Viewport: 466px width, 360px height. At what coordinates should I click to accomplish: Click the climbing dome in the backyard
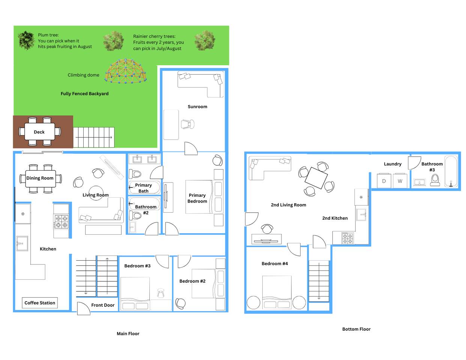point(126,71)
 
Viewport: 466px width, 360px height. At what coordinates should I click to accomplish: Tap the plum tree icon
point(26,40)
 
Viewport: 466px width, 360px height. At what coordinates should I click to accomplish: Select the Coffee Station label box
point(40,303)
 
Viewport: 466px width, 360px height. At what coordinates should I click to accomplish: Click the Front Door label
point(103,305)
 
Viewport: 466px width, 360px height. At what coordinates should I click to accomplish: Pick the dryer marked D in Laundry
point(384,181)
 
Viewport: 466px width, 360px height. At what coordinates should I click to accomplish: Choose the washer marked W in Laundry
point(400,181)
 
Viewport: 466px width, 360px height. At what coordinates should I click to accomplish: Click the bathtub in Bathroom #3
point(451,171)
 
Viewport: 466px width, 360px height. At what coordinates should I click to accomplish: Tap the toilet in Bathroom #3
point(435,180)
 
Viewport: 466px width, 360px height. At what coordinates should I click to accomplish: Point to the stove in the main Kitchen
point(61,222)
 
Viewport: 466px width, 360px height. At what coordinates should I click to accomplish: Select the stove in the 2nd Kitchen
point(347,238)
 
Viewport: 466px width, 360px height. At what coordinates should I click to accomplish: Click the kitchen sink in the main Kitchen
point(22,243)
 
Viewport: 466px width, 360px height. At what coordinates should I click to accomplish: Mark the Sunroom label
point(197,106)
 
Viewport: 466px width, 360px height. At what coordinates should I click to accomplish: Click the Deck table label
point(39,132)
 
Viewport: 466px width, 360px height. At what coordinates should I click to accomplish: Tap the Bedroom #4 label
point(275,263)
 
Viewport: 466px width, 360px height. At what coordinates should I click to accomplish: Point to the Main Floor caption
point(128,333)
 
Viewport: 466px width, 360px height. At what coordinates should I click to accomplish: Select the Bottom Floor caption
point(356,329)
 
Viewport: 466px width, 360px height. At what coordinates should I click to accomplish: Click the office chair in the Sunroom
point(188,124)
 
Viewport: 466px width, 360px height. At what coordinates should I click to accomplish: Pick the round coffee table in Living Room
point(96,193)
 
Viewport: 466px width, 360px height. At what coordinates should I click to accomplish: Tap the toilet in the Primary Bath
point(135,174)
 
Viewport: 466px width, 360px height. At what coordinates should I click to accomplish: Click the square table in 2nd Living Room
point(316,178)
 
